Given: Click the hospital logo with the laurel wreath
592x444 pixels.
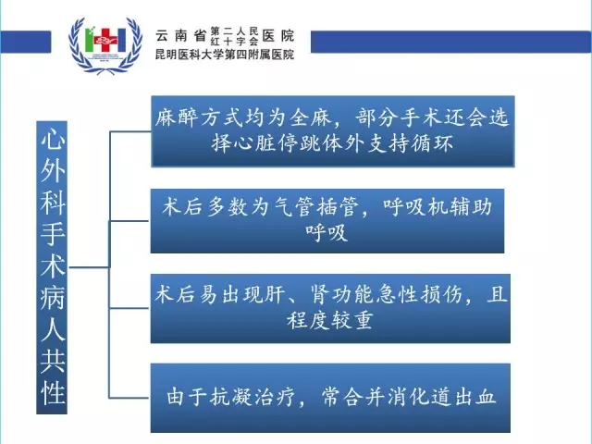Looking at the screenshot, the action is (x=105, y=45).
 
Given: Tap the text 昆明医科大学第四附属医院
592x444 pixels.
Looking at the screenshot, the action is (x=225, y=55).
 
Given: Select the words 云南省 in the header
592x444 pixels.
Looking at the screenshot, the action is (x=180, y=36).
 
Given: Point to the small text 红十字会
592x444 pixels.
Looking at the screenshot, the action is (x=234, y=42).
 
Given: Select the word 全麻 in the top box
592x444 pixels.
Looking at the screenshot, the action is (x=311, y=117).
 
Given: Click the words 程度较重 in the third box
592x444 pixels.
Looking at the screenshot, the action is (x=330, y=321).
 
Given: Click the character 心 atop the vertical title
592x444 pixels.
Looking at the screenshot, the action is (x=53, y=140).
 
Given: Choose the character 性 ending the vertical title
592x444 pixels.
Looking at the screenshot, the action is (x=53, y=393).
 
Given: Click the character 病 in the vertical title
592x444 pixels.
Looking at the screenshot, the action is (x=53, y=298).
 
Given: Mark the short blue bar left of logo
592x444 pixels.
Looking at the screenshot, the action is (x=25, y=42).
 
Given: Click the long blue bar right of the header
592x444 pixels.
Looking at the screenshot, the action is (x=451, y=42).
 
